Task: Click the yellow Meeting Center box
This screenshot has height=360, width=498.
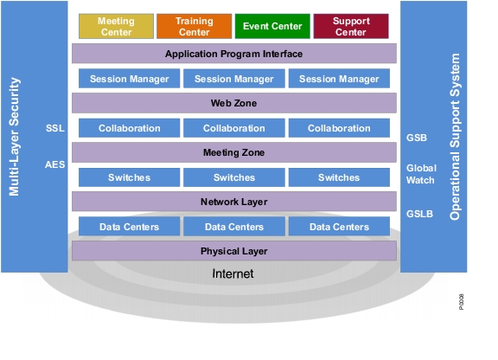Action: [116, 26]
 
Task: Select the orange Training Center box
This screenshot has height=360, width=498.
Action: [194, 26]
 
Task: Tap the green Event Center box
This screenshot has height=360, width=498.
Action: [272, 26]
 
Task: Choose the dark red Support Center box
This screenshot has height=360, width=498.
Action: [351, 26]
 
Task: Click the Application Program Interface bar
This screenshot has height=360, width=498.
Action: [234, 54]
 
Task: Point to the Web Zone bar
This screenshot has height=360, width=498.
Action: [234, 103]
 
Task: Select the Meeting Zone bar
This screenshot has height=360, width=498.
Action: [234, 152]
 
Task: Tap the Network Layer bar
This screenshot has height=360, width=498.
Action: [234, 202]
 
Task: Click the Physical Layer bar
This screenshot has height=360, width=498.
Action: [234, 251]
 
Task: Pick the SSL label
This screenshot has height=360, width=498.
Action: [55, 128]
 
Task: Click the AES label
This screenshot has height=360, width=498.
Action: [55, 164]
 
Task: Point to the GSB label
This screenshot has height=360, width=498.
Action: [417, 138]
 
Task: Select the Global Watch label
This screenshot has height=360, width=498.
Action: [421, 174]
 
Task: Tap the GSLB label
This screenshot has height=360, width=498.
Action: [419, 214]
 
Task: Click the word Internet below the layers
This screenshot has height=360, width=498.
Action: [233, 273]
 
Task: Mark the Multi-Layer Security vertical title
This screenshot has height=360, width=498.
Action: [15, 137]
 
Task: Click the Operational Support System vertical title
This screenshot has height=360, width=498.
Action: [455, 137]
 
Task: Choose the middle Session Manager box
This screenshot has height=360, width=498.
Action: [234, 79]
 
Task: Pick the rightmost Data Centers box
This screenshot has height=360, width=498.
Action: [339, 227]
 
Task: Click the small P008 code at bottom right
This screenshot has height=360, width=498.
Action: [461, 302]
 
